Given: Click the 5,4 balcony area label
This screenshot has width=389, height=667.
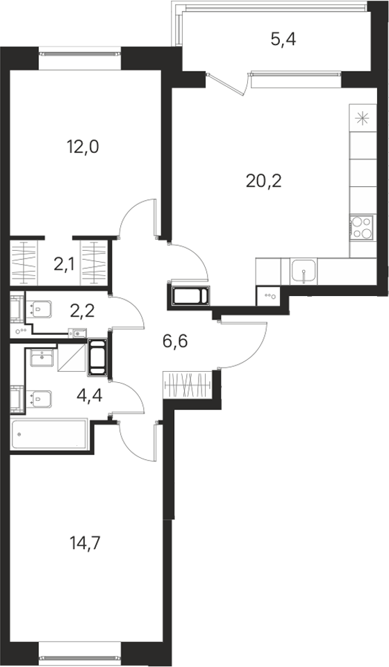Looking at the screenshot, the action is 283,40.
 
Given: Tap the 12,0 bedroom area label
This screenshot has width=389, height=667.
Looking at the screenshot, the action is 83,147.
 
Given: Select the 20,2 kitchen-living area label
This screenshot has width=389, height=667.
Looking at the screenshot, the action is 264,181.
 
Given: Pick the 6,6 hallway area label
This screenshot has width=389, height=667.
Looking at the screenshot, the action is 175,340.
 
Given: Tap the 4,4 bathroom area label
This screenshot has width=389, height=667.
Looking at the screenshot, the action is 90,396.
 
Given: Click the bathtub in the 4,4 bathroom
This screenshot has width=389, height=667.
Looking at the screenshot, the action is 49,434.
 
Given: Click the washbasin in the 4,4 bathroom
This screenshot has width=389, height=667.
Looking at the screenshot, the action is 41,357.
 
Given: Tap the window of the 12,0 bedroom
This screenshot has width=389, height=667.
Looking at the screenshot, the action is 80,54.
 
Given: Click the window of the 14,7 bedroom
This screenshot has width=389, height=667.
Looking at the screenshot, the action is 80,659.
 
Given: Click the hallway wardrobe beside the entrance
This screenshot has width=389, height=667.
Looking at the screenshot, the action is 187,385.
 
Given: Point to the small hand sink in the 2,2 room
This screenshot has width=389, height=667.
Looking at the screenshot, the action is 77,333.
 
